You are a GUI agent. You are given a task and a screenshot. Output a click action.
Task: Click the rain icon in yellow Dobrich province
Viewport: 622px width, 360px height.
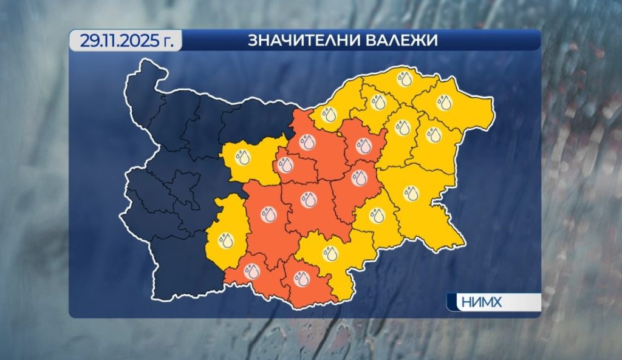(443, 102)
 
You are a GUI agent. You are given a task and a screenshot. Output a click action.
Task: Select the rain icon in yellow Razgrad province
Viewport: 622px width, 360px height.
(378, 102)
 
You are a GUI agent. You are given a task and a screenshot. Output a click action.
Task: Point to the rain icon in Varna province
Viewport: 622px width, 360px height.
(433, 135)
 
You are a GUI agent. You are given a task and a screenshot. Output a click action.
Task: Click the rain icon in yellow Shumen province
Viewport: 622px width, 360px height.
(402, 127)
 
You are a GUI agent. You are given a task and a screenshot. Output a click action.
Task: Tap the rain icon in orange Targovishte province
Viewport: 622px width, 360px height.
(363, 146)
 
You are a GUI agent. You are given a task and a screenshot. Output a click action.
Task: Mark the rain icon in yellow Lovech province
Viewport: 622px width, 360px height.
(243, 157)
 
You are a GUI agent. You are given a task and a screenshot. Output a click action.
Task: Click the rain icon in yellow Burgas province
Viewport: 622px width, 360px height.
(411, 194)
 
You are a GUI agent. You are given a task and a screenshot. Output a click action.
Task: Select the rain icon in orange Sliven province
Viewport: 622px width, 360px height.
(360, 178)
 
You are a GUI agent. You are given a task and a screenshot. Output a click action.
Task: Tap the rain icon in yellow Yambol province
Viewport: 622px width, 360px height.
(378, 215)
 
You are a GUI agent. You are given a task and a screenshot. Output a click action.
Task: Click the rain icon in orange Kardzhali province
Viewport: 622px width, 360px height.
(301, 278)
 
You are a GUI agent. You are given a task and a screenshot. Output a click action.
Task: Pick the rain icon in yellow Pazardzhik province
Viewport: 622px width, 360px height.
(226, 240)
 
